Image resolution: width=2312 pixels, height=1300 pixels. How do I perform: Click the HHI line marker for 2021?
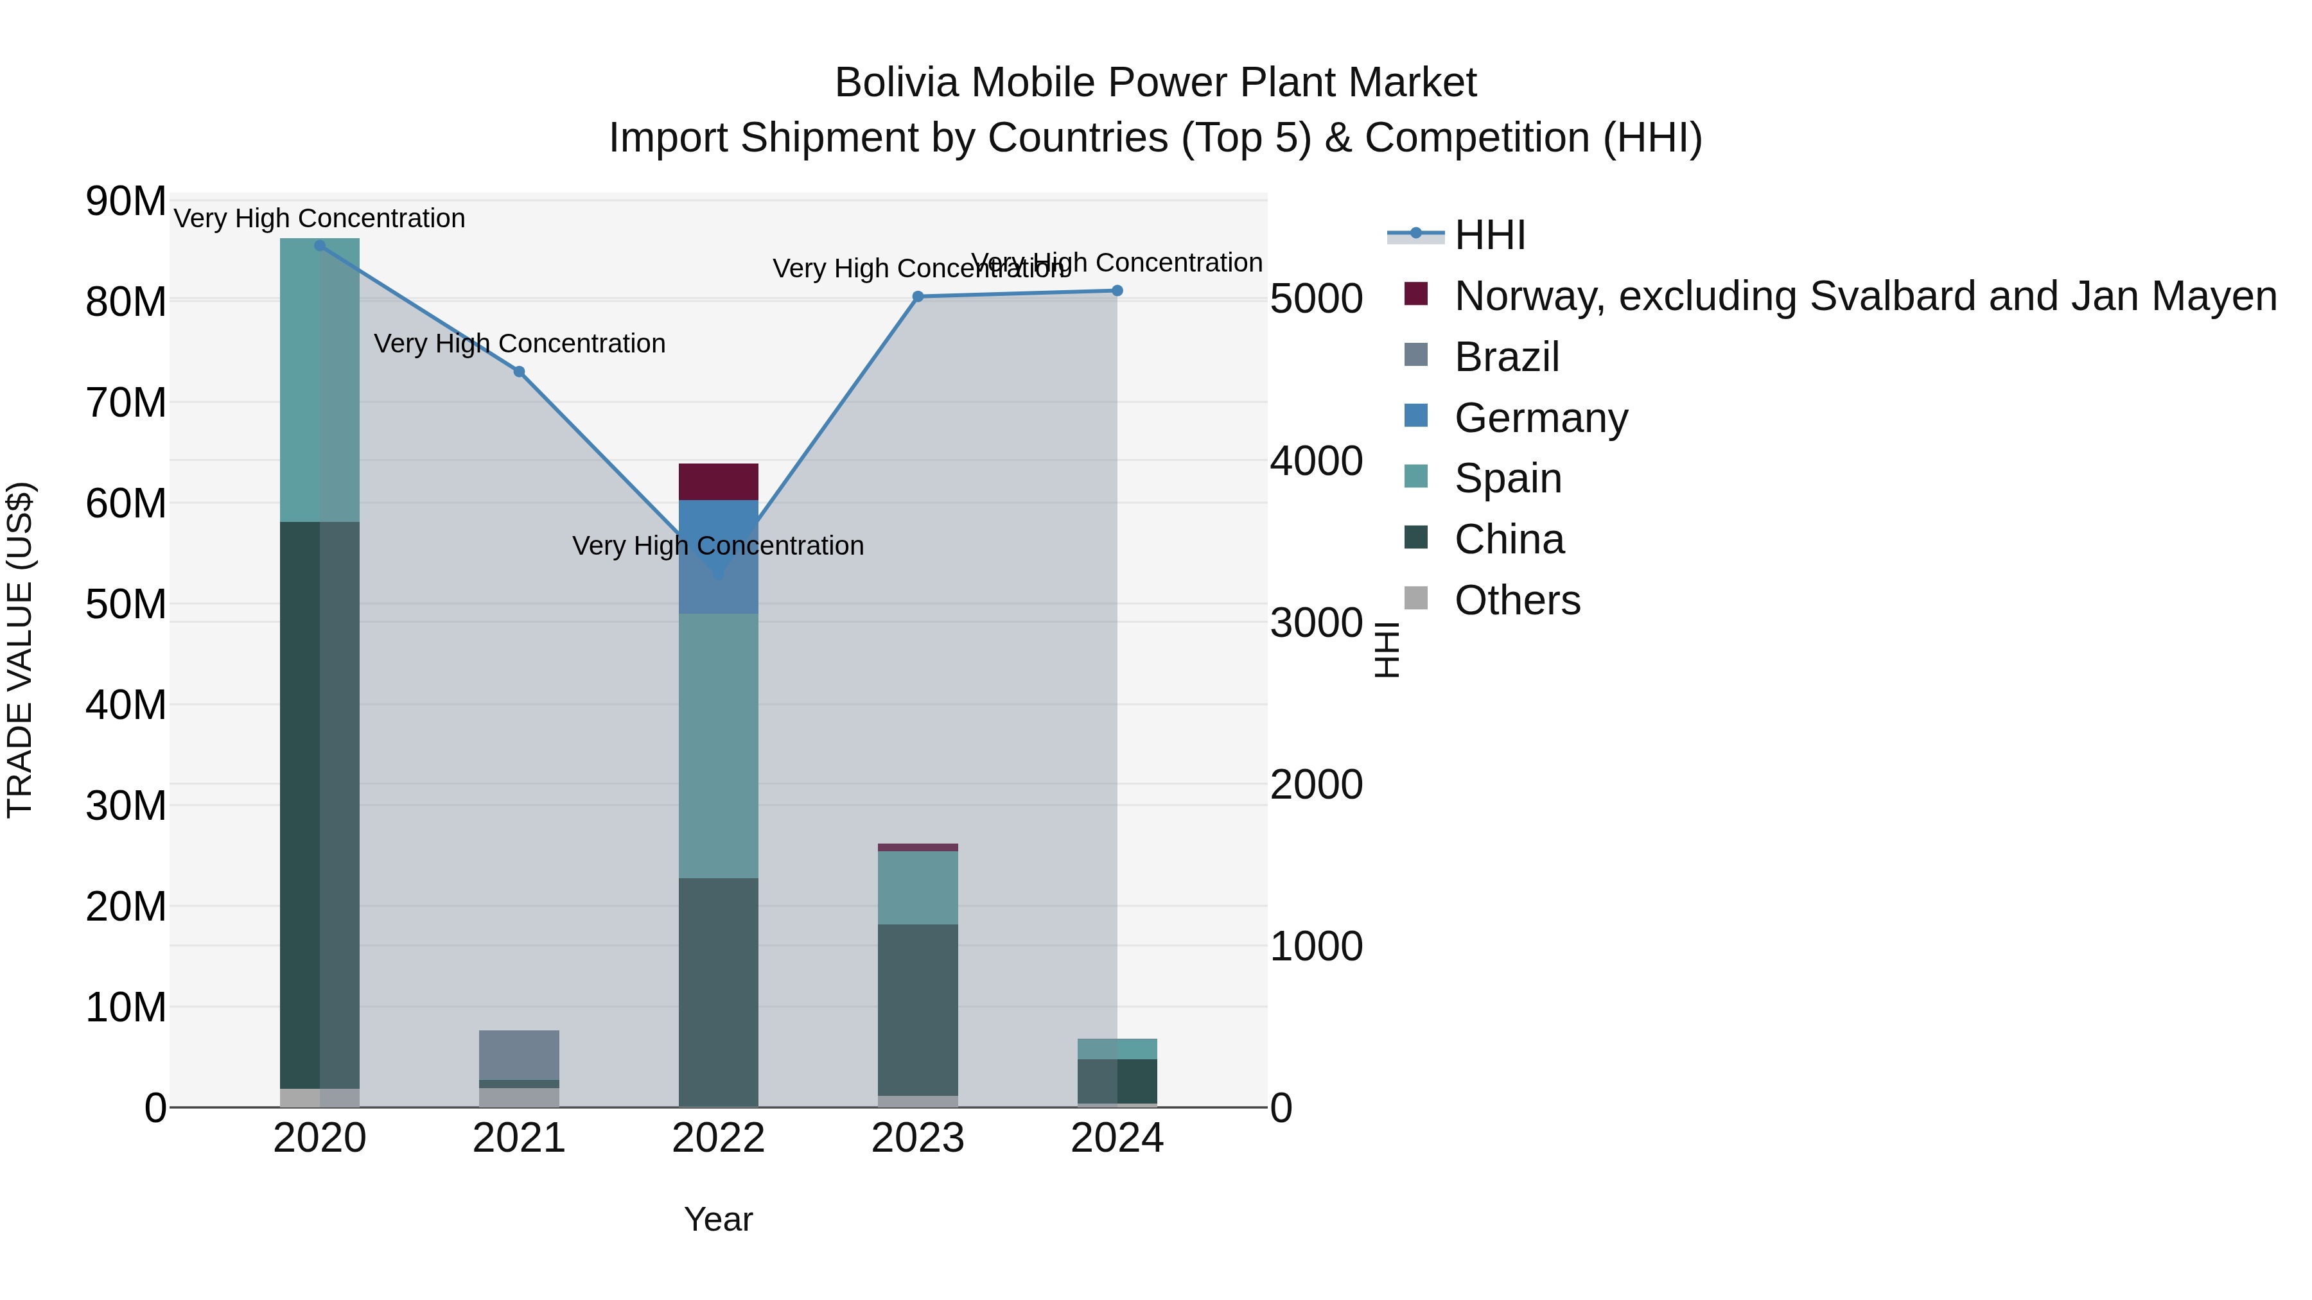(x=519, y=372)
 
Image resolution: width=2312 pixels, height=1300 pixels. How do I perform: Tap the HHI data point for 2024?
(x=1117, y=291)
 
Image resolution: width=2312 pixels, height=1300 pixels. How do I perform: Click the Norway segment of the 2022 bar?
(x=718, y=481)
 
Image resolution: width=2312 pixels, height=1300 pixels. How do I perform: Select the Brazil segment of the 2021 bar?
(x=519, y=1054)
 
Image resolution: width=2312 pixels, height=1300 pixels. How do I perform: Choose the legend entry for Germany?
(x=1540, y=418)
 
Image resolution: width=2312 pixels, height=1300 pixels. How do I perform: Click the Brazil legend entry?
(x=1506, y=357)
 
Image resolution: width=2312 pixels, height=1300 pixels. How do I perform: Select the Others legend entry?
(x=1517, y=600)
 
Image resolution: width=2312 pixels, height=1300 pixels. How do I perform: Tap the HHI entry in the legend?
(x=1490, y=235)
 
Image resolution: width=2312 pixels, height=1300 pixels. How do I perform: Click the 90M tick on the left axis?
(x=126, y=201)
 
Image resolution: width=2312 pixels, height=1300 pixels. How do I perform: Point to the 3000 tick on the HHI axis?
(x=1316, y=623)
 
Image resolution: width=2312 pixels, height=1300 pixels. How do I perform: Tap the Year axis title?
(x=718, y=1219)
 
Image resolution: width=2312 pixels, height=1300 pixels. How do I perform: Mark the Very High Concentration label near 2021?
(x=519, y=343)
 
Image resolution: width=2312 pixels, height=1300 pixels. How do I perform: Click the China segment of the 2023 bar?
(x=917, y=1009)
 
